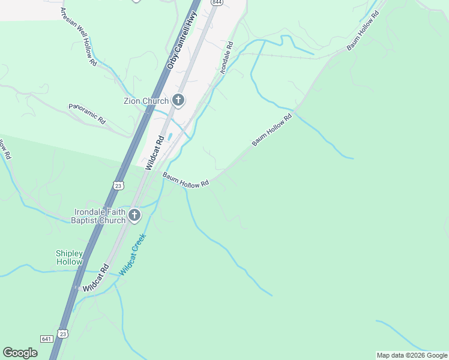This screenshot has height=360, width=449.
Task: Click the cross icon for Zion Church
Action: click(x=178, y=100)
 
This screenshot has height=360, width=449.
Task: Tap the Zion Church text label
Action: click(x=146, y=101)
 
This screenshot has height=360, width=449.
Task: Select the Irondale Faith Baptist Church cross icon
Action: click(x=135, y=215)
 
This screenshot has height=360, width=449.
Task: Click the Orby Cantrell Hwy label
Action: click(x=182, y=41)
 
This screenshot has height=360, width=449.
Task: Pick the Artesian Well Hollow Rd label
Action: click(x=78, y=37)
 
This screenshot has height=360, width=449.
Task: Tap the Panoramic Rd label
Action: click(x=87, y=113)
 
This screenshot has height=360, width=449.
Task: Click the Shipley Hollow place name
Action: click(x=69, y=258)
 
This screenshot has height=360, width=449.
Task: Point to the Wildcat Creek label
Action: click(x=133, y=254)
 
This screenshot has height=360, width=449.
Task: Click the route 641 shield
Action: click(x=47, y=339)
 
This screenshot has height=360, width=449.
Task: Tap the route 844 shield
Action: click(x=215, y=2)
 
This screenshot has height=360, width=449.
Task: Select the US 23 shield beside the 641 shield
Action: click(x=62, y=334)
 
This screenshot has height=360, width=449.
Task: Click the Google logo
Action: click(x=20, y=353)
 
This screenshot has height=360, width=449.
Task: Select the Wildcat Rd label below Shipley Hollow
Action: click(x=96, y=278)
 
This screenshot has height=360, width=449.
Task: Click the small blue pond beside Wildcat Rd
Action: click(x=170, y=137)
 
